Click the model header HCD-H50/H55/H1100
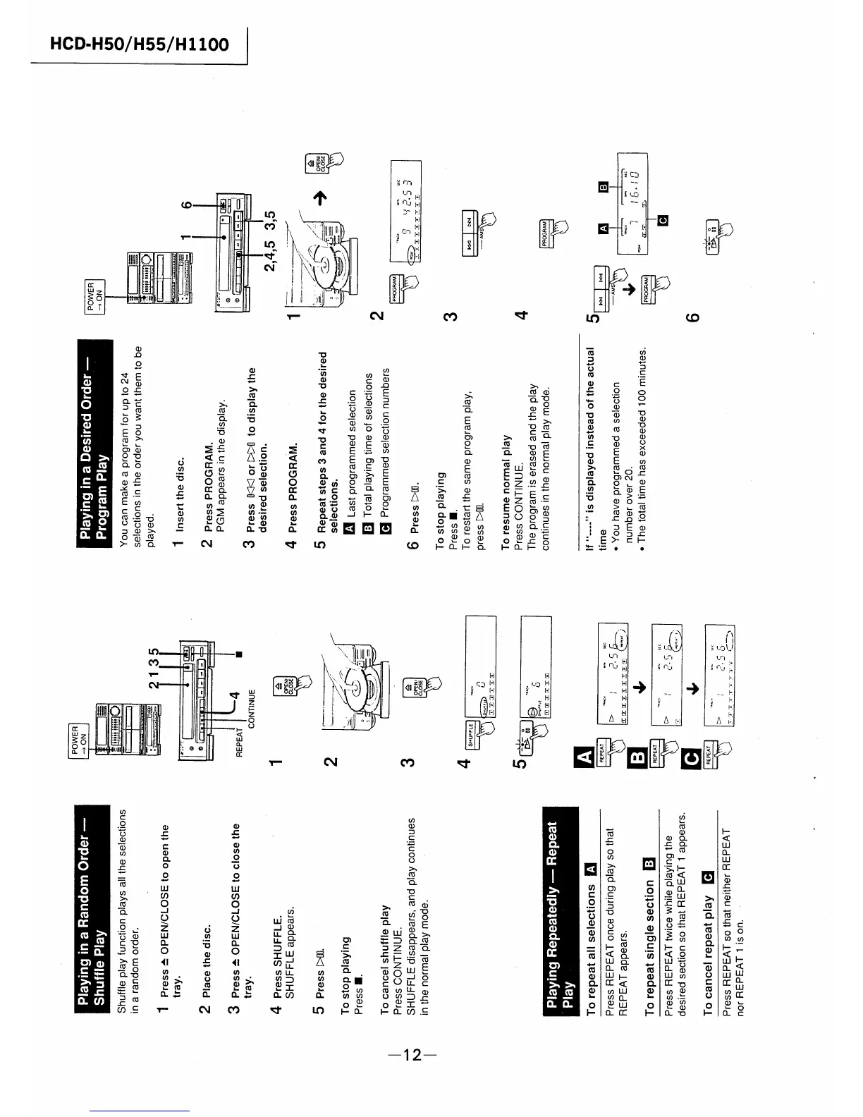(139, 44)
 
